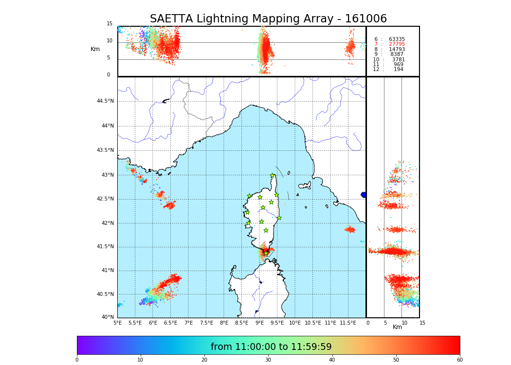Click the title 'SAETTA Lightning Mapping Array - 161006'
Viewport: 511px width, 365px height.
pos(268,19)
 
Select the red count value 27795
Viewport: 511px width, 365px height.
pos(397,44)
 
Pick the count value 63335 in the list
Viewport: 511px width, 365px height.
pos(397,39)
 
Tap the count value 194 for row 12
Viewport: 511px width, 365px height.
pos(399,70)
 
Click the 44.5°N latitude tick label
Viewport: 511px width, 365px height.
pos(105,101)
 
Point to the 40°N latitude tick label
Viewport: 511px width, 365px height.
pos(108,317)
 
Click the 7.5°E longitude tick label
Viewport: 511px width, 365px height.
pos(206,323)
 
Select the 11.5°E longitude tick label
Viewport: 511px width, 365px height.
pos(348,323)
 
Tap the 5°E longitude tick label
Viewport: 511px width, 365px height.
pos(118,323)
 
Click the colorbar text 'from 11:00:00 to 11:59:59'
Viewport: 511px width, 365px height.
pos(271,347)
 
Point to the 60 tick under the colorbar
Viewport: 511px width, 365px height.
pos(459,360)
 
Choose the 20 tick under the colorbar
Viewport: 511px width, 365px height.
pos(204,360)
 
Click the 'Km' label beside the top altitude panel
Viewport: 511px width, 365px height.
pos(95,49)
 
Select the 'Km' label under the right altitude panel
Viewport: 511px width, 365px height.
pos(397,327)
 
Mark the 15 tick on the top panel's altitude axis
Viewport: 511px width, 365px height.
pos(109,24)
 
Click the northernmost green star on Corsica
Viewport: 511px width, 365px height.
pos(273,176)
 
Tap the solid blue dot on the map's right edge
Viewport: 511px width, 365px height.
pos(364,195)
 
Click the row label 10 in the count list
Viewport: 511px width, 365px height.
pos(376,60)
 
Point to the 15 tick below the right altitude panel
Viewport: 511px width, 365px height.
pos(422,323)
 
